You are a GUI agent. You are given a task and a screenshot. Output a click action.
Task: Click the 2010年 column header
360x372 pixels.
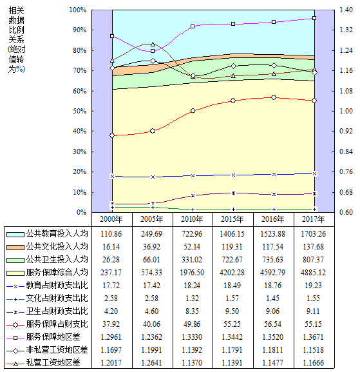click(x=192, y=219)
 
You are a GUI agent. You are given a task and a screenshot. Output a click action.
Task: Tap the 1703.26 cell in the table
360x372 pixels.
click(x=314, y=234)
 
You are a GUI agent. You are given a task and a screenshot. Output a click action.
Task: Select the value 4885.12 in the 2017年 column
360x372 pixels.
click(x=314, y=273)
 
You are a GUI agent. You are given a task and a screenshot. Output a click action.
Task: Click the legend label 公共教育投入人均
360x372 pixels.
click(x=57, y=233)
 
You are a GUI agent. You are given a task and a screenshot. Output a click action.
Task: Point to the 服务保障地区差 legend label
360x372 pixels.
click(x=53, y=337)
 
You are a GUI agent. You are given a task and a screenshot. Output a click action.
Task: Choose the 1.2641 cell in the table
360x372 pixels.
click(x=152, y=363)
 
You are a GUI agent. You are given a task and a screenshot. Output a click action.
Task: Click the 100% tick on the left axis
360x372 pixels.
click(x=78, y=10)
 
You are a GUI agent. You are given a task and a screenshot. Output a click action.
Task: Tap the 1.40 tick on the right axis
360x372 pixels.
click(x=346, y=10)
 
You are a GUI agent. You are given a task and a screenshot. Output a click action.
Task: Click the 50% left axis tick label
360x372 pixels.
click(x=80, y=112)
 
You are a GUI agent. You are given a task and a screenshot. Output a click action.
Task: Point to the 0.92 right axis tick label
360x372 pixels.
click(x=346, y=131)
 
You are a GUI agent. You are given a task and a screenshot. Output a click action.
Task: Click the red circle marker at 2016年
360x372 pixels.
click(x=274, y=97)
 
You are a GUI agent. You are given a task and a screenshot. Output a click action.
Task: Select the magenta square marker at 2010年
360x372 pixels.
click(x=193, y=26)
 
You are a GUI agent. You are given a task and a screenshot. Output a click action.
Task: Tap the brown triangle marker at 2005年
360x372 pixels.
click(x=153, y=44)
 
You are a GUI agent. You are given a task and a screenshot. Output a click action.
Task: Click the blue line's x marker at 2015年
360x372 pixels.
click(x=233, y=175)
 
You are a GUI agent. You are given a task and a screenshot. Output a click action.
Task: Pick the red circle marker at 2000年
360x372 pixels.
click(x=112, y=135)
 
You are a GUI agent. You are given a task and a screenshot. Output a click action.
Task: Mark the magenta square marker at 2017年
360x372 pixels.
click(x=314, y=18)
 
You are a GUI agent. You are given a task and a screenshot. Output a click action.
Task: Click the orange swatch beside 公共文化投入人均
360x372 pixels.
click(x=15, y=247)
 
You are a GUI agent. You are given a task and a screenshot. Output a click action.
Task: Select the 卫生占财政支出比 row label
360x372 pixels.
click(x=57, y=311)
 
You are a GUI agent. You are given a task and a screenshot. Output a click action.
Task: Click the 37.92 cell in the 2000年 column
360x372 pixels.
click(x=111, y=324)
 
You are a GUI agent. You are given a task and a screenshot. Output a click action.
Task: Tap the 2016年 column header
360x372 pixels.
click(x=273, y=219)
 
